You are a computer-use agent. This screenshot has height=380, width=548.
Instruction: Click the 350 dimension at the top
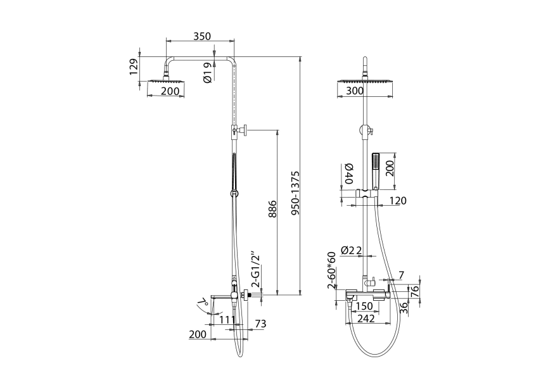click(x=202, y=36)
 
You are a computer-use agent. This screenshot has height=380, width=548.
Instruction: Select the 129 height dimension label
click(x=134, y=66)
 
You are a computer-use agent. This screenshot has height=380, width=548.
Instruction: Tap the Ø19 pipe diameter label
click(x=207, y=73)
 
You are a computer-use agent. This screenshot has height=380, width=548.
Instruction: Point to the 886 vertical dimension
click(x=272, y=209)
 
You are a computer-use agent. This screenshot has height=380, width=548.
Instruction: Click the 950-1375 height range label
click(x=295, y=193)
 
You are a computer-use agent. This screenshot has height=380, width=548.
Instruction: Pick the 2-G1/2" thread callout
click(x=257, y=269)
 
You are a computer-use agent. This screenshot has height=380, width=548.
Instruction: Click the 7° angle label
click(x=203, y=303)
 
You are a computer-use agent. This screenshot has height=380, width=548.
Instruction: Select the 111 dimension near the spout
click(x=227, y=319)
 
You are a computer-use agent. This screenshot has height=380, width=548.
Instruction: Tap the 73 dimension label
click(x=260, y=324)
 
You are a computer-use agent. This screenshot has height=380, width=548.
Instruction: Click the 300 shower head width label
click(x=355, y=91)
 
